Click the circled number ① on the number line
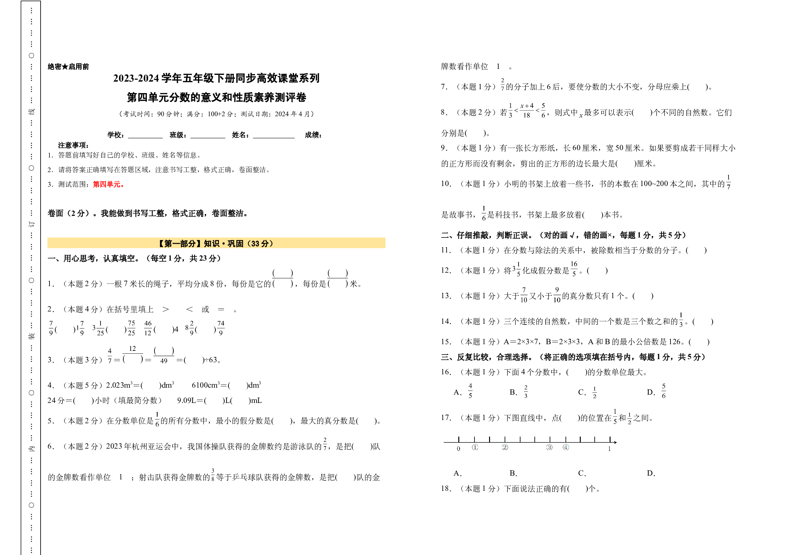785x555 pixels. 475,447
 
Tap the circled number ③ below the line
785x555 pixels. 549,447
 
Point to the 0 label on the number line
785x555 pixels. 459,449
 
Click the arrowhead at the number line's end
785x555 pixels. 615,442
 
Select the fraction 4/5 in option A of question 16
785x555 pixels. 470,391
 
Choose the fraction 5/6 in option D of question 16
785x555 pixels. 664,391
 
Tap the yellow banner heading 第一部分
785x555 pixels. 216,243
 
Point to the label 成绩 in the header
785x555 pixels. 313,135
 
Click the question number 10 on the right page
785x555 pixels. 446,184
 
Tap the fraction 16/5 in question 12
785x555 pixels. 574,269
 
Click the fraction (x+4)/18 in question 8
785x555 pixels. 527,110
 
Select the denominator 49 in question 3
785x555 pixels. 164,361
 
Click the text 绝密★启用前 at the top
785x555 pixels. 69,66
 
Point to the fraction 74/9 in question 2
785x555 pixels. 221,328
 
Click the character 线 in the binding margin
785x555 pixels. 31,111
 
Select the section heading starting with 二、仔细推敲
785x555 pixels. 564,235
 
